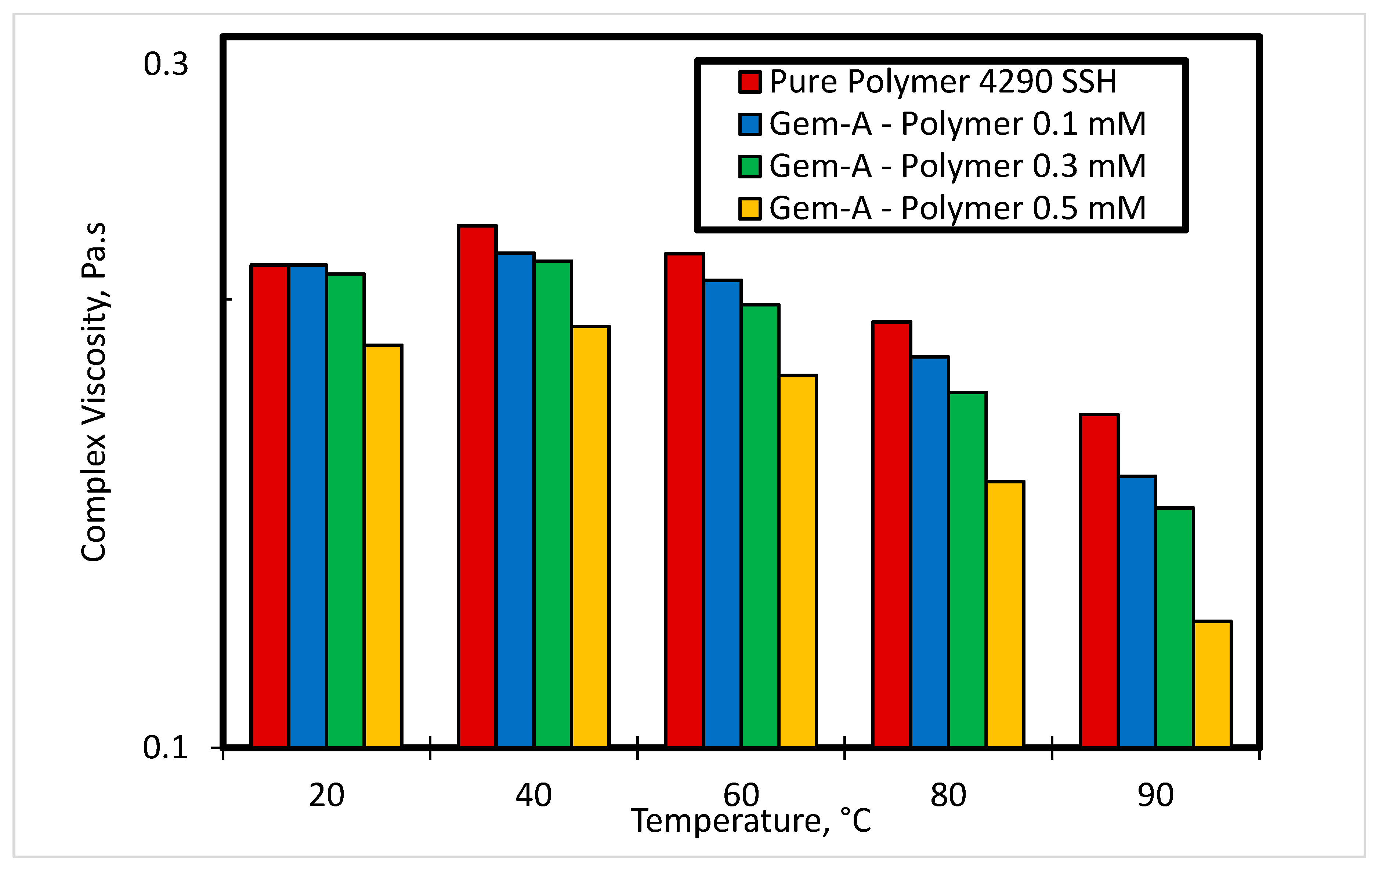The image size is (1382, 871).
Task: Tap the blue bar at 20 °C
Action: (308, 505)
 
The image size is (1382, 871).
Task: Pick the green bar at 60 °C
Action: (760, 525)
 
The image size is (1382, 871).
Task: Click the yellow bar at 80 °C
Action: (1005, 614)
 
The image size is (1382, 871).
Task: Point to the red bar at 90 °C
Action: (1099, 580)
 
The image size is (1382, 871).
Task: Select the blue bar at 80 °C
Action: (930, 551)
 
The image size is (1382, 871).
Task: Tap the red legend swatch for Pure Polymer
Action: (749, 82)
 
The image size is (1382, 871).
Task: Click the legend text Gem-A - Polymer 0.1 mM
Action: (957, 124)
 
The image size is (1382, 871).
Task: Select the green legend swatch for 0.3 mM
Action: (749, 166)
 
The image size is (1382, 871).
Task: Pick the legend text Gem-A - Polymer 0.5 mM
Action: (957, 208)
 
